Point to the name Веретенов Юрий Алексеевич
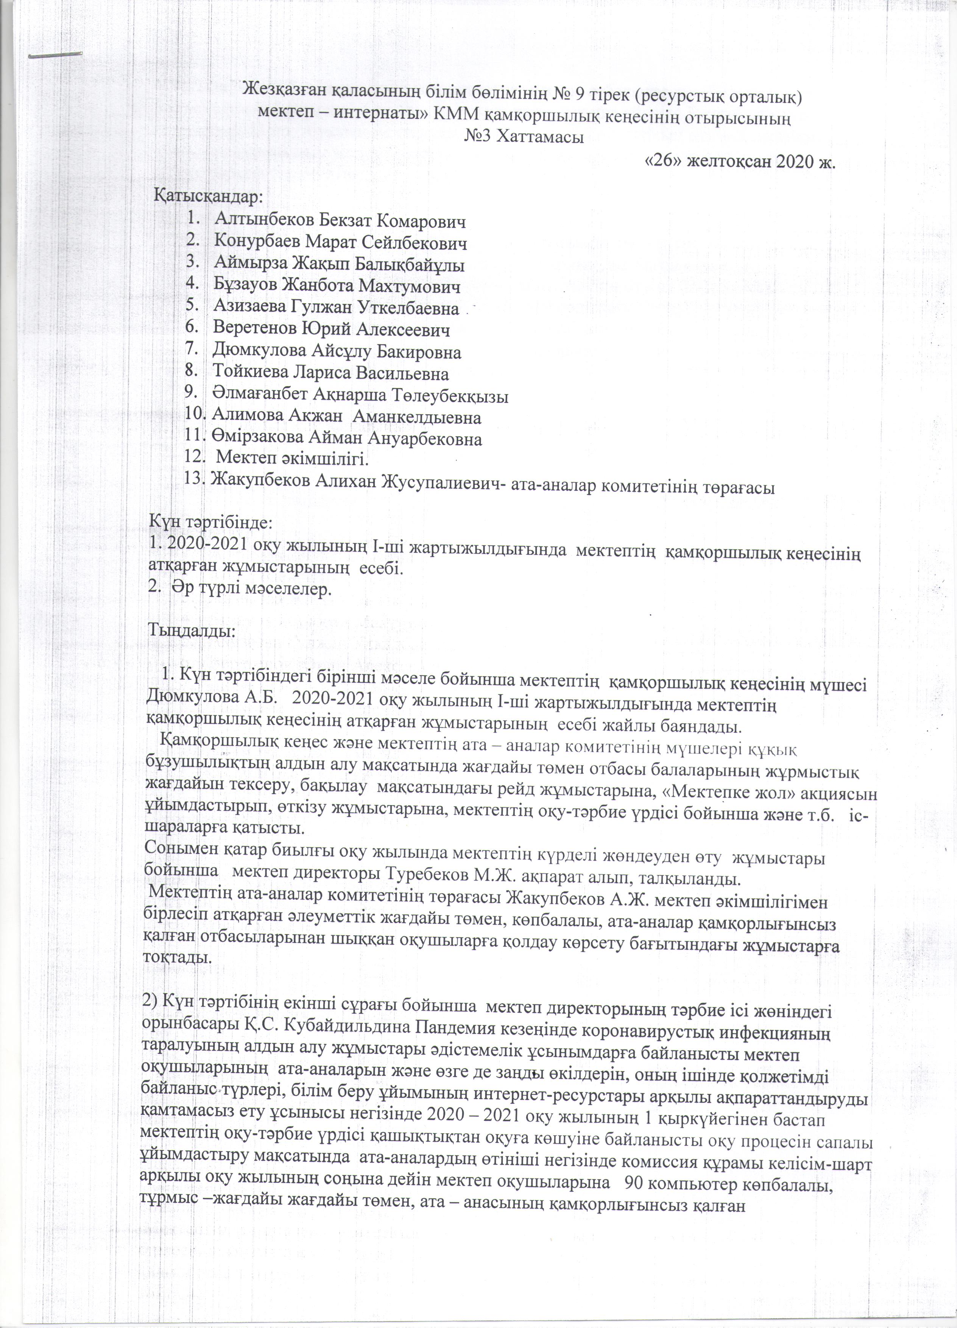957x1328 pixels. click(332, 330)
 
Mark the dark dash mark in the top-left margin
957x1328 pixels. click(56, 56)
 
